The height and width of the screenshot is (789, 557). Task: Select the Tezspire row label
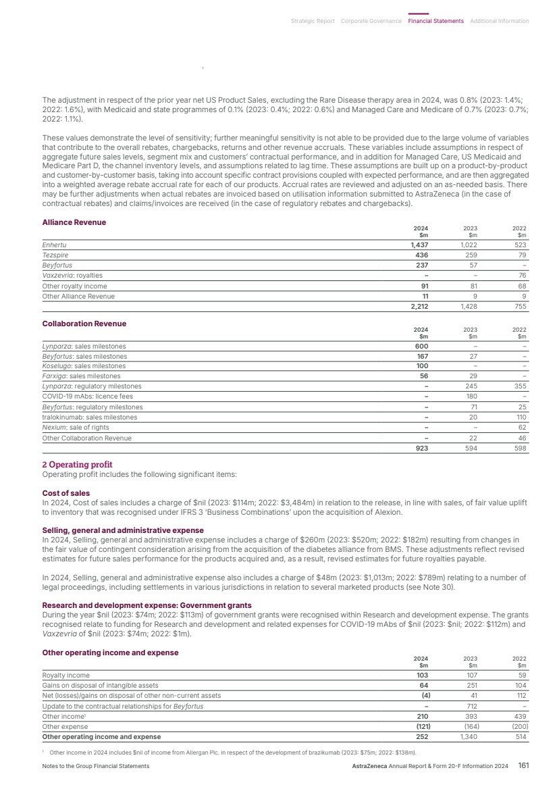55,255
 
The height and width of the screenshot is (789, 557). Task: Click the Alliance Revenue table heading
74,222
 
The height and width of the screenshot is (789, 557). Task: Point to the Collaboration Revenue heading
84,324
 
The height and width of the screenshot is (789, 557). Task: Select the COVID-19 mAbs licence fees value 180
473,397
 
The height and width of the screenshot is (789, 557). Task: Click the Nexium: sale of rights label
75,427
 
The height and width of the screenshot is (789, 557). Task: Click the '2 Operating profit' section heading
77,465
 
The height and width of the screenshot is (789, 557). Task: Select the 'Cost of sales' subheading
65,493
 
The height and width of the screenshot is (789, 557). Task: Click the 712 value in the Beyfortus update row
473,706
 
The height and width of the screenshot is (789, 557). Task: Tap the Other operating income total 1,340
470,736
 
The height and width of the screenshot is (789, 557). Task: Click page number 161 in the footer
523,765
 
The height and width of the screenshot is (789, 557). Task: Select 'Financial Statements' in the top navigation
435,21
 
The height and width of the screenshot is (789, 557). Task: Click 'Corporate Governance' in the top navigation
371,21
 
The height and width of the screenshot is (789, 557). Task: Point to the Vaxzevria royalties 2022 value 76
522,275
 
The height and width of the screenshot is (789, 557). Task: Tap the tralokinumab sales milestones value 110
521,417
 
